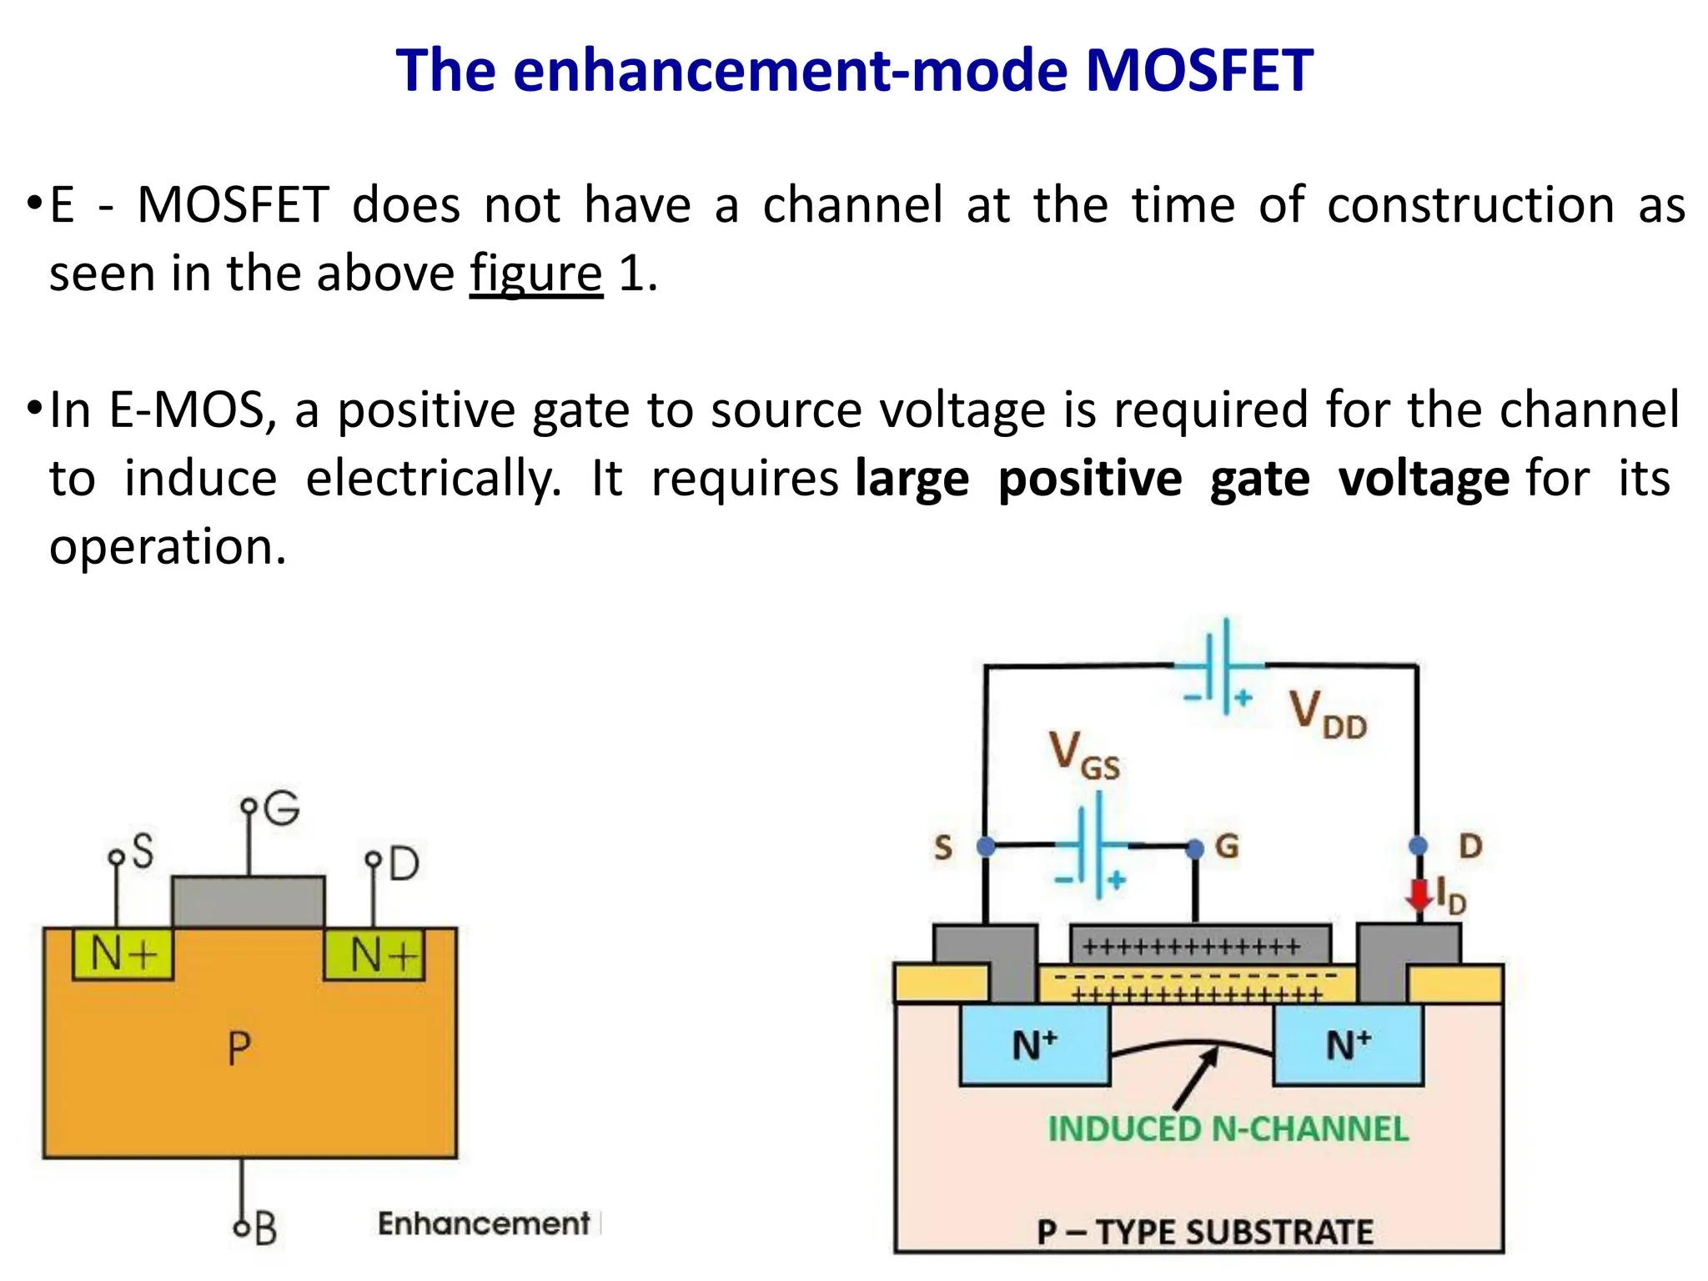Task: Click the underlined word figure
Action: click(535, 274)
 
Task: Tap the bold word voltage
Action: click(1423, 479)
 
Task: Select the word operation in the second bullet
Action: click(167, 547)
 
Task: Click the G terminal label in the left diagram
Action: click(282, 807)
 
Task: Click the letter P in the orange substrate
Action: click(239, 1048)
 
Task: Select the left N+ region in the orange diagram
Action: click(123, 954)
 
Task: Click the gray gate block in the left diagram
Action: click(248, 902)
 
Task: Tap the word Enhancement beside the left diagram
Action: click(484, 1223)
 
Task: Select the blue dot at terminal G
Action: click(1195, 848)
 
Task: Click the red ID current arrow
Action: click(1418, 895)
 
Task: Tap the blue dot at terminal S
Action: click(986, 846)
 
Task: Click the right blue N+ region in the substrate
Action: click(1348, 1045)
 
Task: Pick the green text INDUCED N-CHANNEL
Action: click(1228, 1129)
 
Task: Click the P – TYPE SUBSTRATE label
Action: click(1204, 1232)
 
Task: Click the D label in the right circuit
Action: click(1470, 846)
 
